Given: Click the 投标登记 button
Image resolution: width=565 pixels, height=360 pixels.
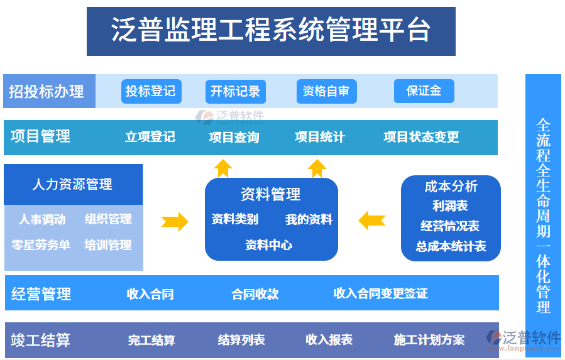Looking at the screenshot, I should click(151, 91).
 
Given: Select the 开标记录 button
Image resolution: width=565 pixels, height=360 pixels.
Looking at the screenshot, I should click(236, 91).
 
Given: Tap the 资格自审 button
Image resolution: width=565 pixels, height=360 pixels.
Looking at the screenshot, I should click(326, 91).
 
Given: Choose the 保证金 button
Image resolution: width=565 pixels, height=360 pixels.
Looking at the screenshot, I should click(424, 91).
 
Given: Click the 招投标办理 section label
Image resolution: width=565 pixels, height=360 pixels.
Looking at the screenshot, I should click(47, 92).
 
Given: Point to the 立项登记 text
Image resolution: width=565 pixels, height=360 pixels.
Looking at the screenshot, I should click(150, 137).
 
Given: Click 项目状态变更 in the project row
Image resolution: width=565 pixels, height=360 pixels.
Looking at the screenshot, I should click(421, 137).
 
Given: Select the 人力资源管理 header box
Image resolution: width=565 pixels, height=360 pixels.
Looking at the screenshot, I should click(73, 185).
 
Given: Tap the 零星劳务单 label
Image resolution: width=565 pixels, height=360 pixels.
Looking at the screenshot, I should click(41, 245).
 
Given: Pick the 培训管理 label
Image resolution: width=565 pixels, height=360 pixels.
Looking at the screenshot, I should click(108, 245).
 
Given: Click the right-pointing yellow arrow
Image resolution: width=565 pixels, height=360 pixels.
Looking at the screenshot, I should click(175, 221).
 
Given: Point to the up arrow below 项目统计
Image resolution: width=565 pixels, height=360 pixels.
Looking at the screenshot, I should click(317, 168).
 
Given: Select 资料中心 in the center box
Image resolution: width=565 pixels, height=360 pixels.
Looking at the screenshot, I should click(268, 245).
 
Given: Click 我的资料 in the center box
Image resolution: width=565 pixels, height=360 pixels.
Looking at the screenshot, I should click(309, 220).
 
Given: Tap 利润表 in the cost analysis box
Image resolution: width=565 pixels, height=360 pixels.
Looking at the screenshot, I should click(450, 206).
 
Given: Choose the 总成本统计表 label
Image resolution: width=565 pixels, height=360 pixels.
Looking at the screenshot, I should click(451, 246).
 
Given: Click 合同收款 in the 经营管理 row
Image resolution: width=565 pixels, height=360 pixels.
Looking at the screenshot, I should click(255, 293).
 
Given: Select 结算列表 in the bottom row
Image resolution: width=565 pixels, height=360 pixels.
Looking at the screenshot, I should click(241, 340).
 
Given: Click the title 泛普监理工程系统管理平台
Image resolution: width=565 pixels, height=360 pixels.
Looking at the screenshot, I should click(271, 31).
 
